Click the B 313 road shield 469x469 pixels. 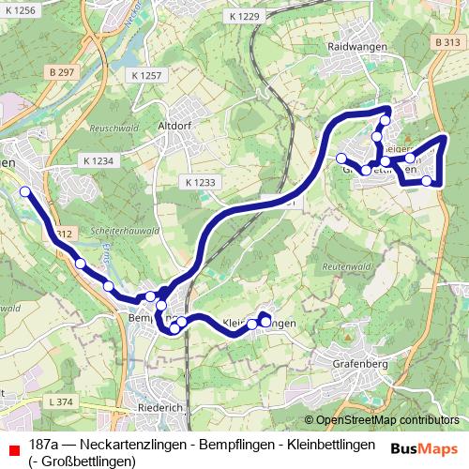(448, 43)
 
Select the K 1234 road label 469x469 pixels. (96, 161)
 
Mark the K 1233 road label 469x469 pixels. (199, 182)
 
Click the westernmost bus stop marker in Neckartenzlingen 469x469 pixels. (25, 191)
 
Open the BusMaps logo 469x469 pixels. (423, 447)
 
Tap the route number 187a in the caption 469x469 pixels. (48, 444)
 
